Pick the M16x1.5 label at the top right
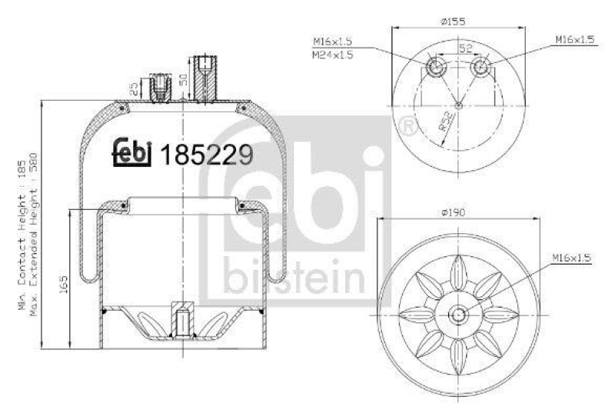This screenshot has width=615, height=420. (x=575, y=39)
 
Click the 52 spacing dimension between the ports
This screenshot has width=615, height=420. (x=464, y=48)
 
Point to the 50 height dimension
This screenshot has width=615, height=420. (x=184, y=79)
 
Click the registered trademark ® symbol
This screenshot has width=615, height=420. (x=407, y=125)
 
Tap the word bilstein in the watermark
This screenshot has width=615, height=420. (x=296, y=277)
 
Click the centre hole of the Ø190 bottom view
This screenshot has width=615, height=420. (x=458, y=314)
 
